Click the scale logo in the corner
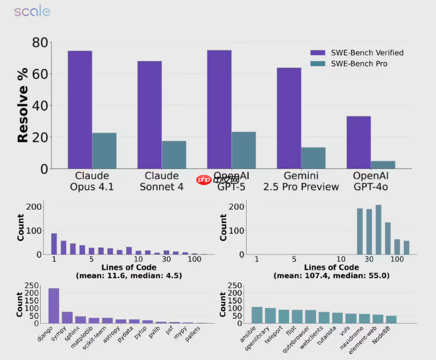click(32, 12)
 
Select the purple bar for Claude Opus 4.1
click(80, 110)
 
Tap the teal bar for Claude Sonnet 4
click(174, 155)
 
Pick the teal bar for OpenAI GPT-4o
click(383, 165)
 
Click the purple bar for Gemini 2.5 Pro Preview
click(289, 118)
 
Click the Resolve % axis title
click(22, 106)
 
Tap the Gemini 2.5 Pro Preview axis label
click(301, 181)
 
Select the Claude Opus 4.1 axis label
click(92, 181)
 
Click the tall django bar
click(54, 305)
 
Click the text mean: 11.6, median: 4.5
click(129, 275)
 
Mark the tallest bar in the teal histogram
click(378, 229)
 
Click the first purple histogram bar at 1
click(54, 244)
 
